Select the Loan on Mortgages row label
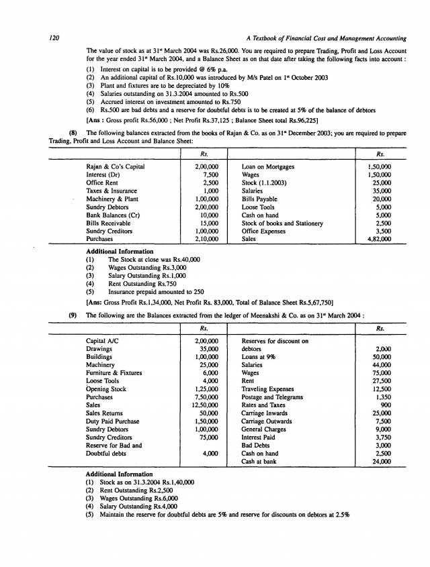coord(267,166)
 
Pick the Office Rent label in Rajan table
coord(101,183)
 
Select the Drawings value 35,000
coord(204,349)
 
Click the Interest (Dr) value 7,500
coord(207,174)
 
